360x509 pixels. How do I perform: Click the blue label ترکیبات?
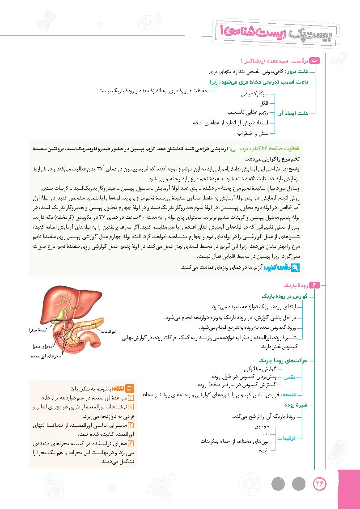(x=289, y=438)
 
